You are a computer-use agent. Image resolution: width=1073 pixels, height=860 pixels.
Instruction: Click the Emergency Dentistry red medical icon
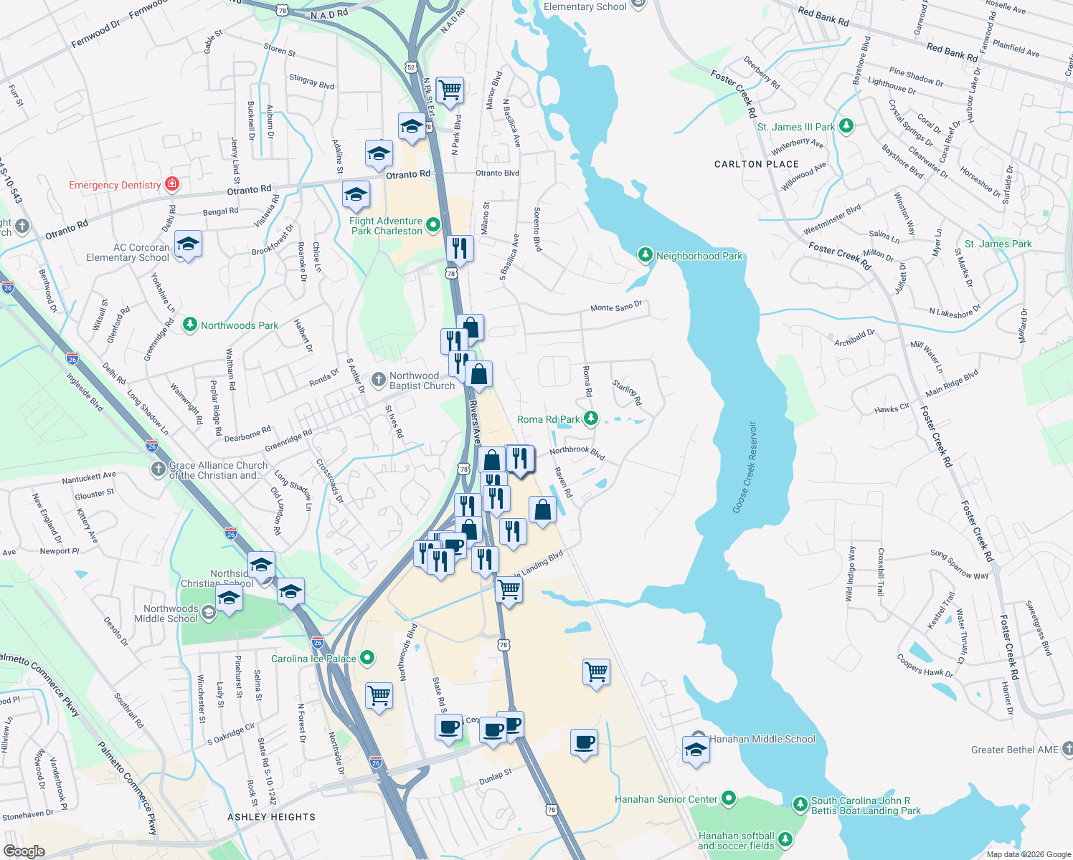pos(171,184)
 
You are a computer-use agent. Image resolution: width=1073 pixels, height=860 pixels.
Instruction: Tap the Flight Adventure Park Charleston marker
pos(432,226)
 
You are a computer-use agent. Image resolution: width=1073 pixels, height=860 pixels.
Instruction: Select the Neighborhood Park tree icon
pos(646,255)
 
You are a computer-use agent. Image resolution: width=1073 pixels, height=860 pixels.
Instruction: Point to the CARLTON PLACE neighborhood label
pos(756,164)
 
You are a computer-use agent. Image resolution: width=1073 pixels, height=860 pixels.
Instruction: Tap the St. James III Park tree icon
pos(846,127)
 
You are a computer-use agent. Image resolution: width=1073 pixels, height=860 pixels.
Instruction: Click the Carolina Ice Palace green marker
pos(367,658)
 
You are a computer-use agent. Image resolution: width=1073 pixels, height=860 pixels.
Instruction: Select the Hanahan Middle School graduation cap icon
pos(696,750)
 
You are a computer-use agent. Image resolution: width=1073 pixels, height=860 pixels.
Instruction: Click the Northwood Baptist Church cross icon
pos(379,379)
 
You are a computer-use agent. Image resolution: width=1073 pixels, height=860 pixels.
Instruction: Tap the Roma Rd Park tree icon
pos(590,419)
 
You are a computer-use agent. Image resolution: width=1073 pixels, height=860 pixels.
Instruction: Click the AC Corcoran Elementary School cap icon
pos(188,244)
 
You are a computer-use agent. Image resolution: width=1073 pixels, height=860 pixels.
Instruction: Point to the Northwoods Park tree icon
pos(189,325)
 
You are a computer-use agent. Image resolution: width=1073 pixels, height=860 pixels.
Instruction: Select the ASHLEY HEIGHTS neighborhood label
pos(271,817)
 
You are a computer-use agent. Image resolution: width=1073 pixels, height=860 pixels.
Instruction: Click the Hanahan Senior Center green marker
pos(729,798)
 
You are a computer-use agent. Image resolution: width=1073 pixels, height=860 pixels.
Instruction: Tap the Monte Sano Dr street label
pos(615,307)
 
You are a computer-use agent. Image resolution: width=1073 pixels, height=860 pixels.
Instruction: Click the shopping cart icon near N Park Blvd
pos(450,90)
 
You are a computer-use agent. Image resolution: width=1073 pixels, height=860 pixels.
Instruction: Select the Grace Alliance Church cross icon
pos(158,469)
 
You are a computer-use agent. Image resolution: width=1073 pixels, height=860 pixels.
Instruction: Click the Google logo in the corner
pos(24,851)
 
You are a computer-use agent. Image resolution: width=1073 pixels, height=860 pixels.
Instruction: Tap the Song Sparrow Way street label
pos(959,564)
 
